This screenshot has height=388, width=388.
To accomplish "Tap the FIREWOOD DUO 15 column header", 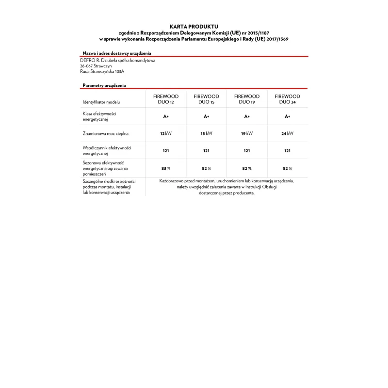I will pos(206,99).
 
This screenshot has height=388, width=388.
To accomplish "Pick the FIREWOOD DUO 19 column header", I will pos(247,99).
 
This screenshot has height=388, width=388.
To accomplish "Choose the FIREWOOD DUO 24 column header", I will pos(287,99).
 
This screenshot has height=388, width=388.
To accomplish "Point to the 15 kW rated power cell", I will pos(206,133).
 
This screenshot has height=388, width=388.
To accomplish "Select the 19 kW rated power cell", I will pos(247,133).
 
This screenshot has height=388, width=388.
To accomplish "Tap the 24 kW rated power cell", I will pos(287,133).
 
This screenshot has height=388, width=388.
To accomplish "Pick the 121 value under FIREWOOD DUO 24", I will pos(287,151).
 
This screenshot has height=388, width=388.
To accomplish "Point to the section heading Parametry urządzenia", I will pos(104,85).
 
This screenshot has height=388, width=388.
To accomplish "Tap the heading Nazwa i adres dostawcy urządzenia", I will pos(117,53).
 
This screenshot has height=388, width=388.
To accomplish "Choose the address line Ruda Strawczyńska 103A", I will pos(102,71).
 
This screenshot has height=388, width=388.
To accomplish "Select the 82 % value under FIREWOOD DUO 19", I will pos(247,168).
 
